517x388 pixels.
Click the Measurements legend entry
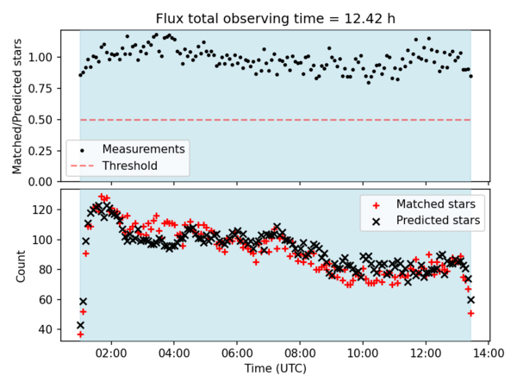(143, 149)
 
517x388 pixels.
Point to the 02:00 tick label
(111, 352)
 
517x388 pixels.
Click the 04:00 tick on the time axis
(174, 352)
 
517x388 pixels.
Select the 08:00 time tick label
(299, 352)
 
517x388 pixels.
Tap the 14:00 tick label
(488, 352)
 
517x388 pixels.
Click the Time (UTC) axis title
(275, 368)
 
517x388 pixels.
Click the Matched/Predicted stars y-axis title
(17, 105)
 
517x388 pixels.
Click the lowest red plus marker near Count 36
(80, 335)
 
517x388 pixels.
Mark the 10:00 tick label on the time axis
(362, 352)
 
